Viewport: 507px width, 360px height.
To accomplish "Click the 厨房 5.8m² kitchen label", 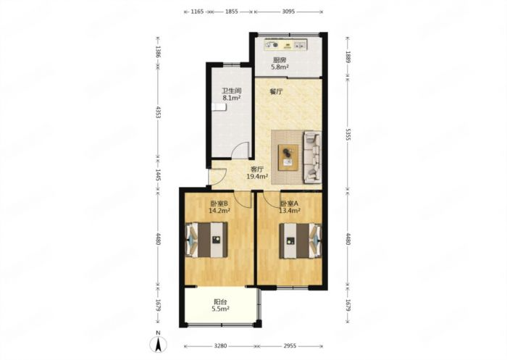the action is (280, 64).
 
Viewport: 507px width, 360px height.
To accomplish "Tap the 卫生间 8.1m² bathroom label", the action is (232, 94).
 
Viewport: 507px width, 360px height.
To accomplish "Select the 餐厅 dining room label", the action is (276, 91).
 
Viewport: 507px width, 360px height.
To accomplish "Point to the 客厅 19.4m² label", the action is (257, 173).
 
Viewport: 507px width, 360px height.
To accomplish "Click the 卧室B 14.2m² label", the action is (219, 207).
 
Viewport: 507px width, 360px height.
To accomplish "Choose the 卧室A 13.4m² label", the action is (290, 207).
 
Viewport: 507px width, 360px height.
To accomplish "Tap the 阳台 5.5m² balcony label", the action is (220, 306).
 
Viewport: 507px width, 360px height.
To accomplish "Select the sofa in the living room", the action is (312, 157).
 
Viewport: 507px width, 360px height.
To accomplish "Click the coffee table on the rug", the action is (288, 157).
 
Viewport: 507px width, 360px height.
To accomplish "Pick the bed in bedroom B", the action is (206, 240).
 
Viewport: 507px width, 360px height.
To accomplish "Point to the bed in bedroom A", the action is (301, 240).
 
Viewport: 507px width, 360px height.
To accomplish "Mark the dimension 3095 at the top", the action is (288, 12).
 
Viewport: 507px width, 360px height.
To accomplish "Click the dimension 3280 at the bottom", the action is (220, 346).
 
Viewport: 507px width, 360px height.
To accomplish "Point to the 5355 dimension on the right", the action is (348, 134).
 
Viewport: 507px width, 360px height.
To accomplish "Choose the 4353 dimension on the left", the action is (158, 112).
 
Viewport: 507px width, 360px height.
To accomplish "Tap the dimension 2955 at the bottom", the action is (290, 346).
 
